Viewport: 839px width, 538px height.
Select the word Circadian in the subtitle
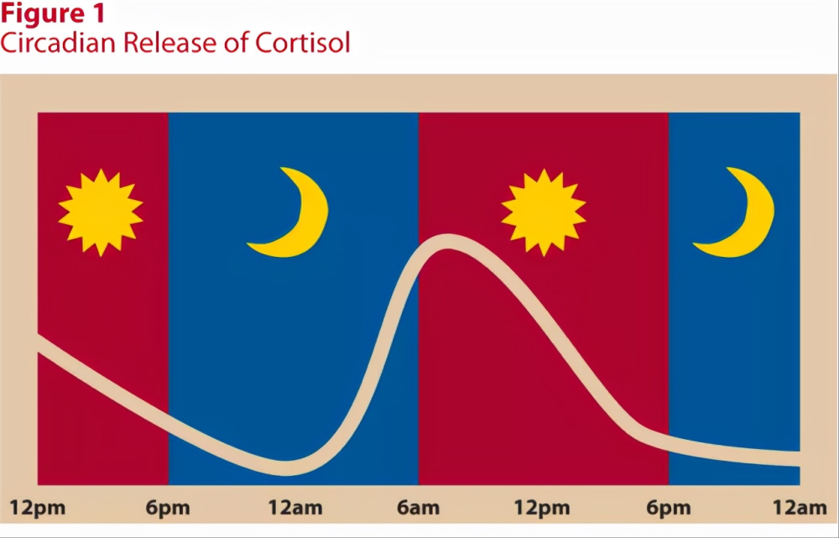[58, 42]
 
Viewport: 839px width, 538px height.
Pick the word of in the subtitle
[236, 42]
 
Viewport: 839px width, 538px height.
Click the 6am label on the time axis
[418, 508]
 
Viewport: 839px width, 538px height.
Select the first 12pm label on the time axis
[38, 508]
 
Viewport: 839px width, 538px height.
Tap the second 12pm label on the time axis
[542, 508]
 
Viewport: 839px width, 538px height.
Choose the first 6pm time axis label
[168, 508]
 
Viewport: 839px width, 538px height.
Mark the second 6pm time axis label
[669, 508]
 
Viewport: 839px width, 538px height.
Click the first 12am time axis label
[295, 508]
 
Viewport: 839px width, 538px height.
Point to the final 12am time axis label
[800, 508]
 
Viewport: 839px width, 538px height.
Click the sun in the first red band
[101, 212]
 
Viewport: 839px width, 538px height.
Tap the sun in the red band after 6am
[544, 212]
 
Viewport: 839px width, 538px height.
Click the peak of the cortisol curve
[448, 242]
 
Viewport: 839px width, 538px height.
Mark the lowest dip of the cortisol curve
[286, 467]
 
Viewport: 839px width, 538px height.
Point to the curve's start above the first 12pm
[39, 343]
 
